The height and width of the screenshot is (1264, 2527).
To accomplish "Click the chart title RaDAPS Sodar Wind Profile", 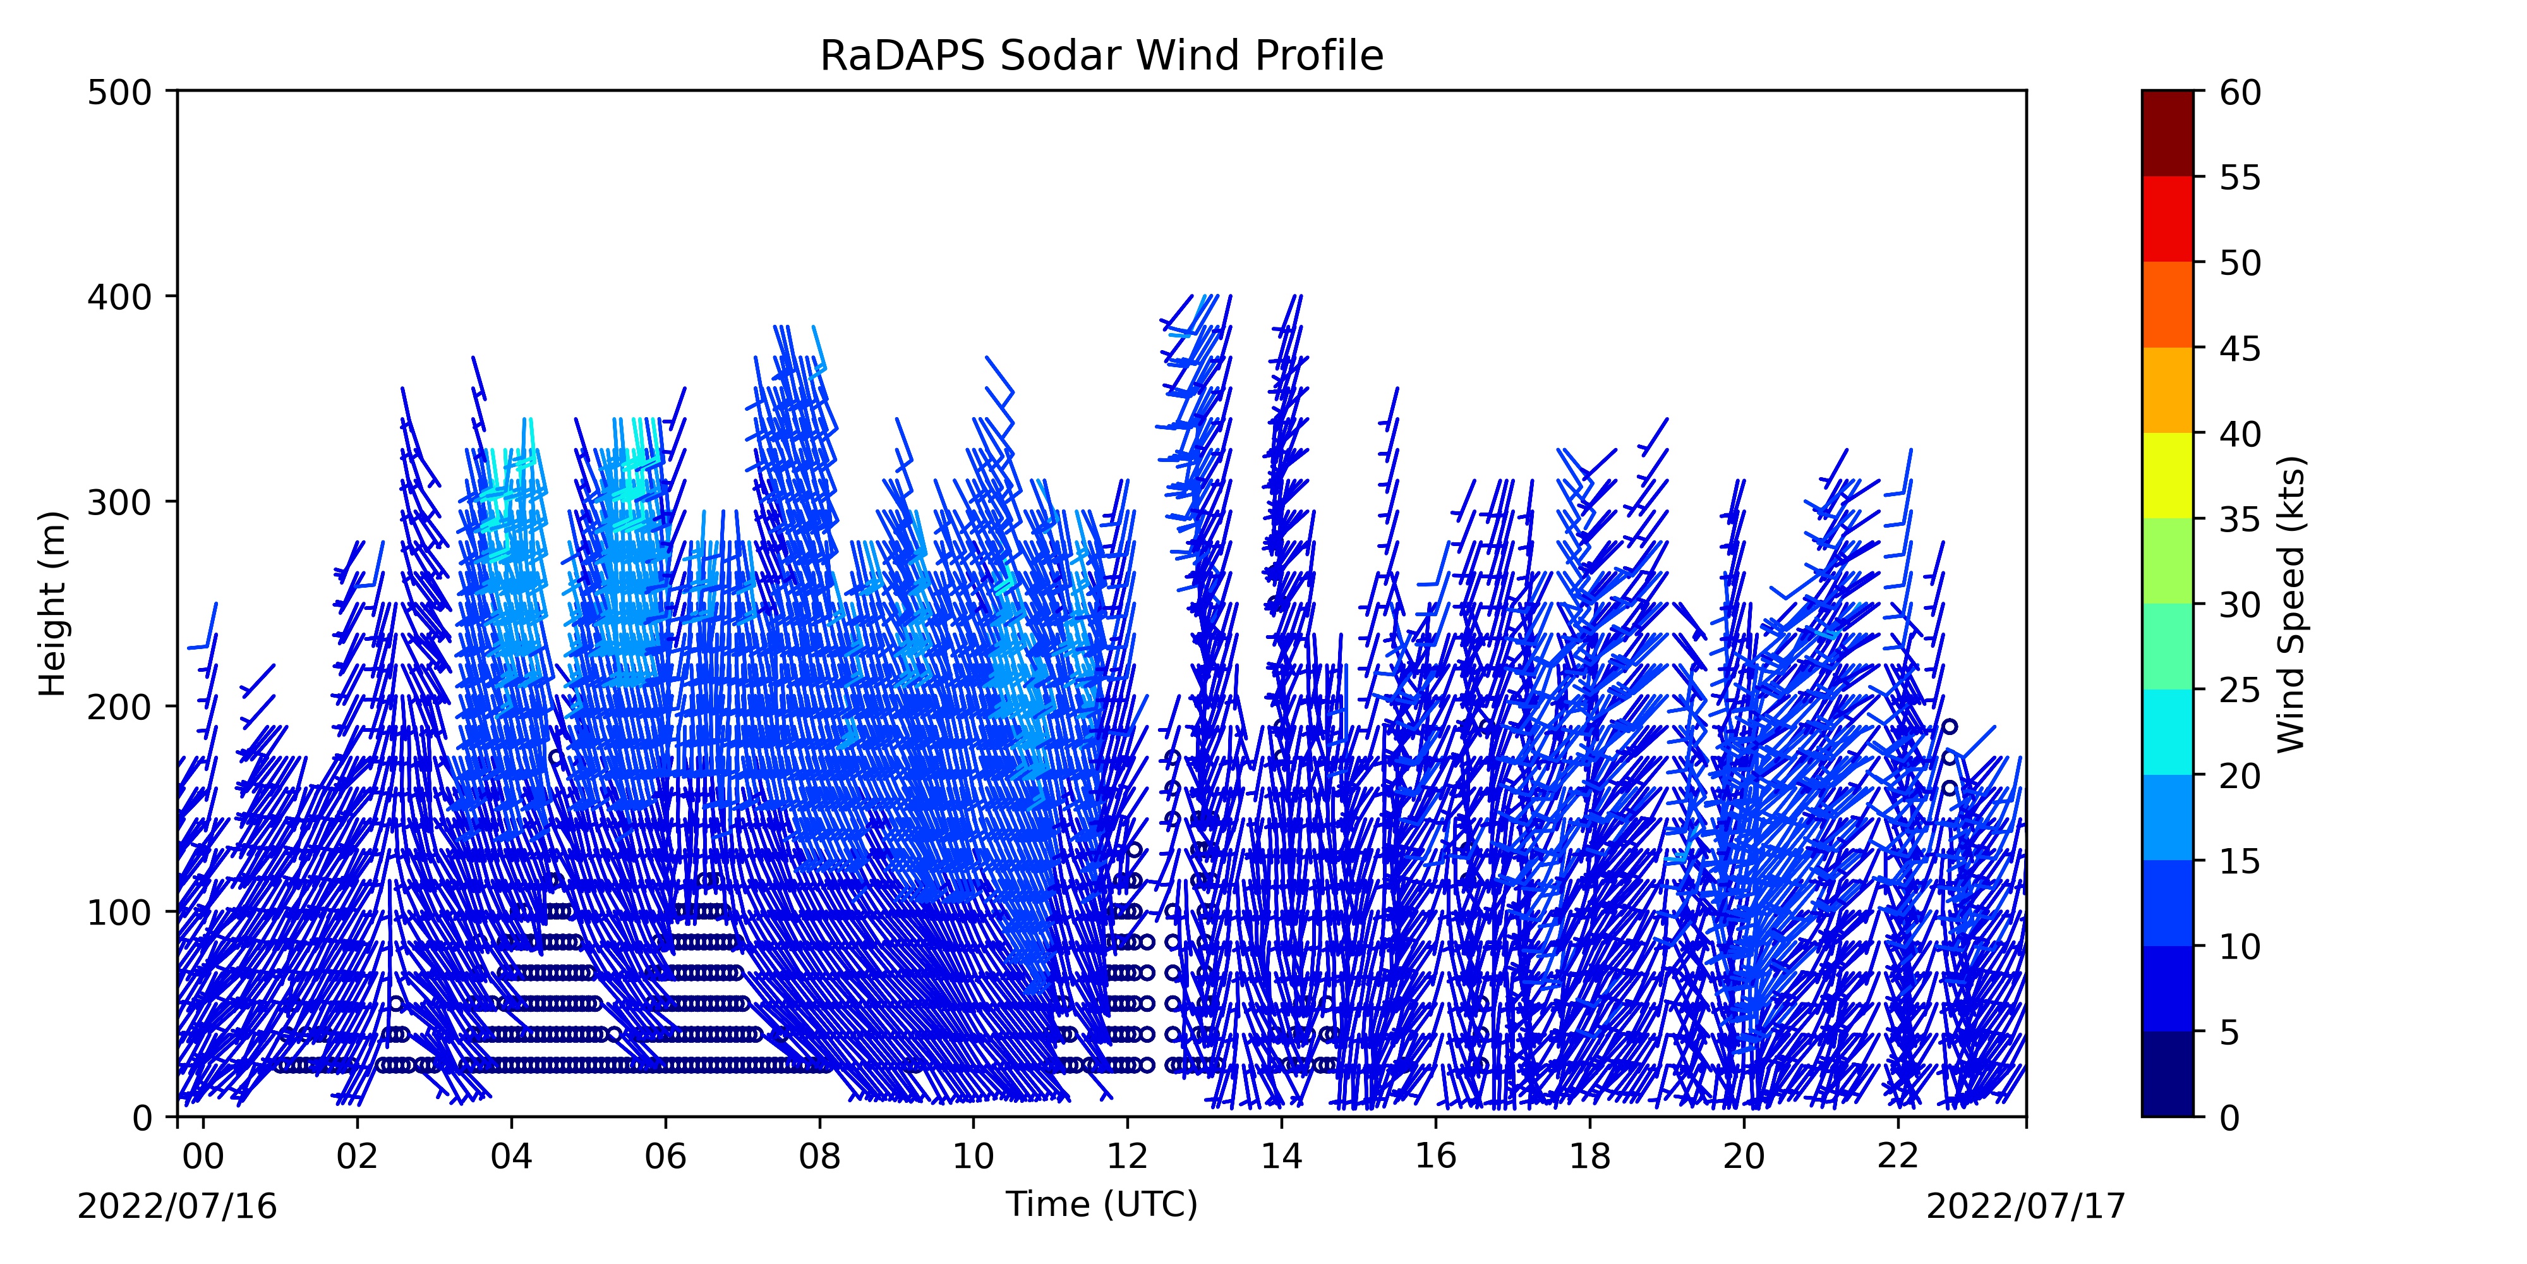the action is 1102,56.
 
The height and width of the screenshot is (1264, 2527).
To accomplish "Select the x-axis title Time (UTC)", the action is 1102,1204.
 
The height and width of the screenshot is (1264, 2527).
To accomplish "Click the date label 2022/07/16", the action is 178,1206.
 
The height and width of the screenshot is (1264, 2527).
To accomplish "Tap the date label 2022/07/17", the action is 2026,1206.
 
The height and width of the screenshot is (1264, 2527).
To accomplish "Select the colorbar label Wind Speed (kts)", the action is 2291,604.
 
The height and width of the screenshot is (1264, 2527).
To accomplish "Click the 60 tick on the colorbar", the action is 2197,91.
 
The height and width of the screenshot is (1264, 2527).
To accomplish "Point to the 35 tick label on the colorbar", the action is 2241,519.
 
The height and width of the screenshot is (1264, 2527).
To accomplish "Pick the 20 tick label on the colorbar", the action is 2241,775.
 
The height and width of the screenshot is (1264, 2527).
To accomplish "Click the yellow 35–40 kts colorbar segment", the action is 2167,476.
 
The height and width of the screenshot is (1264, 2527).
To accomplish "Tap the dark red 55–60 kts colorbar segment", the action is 2167,133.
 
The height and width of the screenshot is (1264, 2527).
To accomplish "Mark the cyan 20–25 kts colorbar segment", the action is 2167,732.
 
